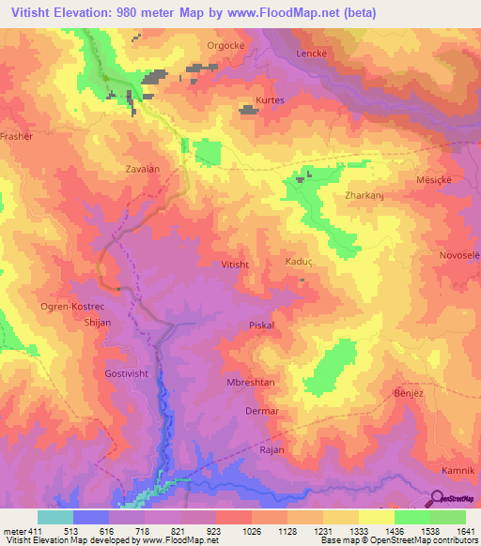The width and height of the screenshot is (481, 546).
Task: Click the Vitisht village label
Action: [x=234, y=265]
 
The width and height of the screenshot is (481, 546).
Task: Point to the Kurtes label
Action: [x=269, y=99]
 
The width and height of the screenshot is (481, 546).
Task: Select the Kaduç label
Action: [x=298, y=264]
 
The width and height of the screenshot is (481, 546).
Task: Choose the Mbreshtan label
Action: [x=250, y=383]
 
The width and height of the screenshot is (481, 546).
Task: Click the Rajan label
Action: [x=271, y=450]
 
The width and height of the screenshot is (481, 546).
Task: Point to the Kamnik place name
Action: [x=458, y=468]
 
